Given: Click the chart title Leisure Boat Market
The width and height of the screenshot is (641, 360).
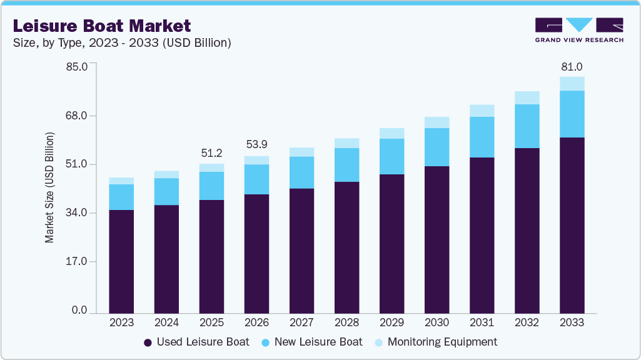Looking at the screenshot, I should [102, 26].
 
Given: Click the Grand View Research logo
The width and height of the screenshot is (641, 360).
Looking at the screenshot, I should [578, 30].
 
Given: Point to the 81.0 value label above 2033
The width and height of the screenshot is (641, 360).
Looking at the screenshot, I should [572, 66].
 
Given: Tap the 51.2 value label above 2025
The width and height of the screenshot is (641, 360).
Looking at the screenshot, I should [211, 153].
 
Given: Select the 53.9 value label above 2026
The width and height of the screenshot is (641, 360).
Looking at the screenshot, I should [256, 145].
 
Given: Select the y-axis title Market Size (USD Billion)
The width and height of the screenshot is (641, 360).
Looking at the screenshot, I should [49, 187].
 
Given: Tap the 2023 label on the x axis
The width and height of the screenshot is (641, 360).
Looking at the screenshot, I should [121, 322].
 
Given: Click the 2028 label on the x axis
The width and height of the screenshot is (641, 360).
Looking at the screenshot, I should [346, 322].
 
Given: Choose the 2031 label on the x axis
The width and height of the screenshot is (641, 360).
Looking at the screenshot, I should [482, 322].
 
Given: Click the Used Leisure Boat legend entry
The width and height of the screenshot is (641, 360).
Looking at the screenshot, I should [196, 342].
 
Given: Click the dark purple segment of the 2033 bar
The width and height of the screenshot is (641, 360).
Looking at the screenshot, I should [572, 225].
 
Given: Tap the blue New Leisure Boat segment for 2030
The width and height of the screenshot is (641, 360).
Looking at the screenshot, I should [437, 147].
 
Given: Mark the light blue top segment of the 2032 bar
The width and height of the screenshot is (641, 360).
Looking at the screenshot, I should [527, 97].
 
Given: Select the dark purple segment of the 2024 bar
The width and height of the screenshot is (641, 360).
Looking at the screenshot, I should [166, 259].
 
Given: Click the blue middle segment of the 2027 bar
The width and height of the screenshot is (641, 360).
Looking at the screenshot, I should [301, 172].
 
